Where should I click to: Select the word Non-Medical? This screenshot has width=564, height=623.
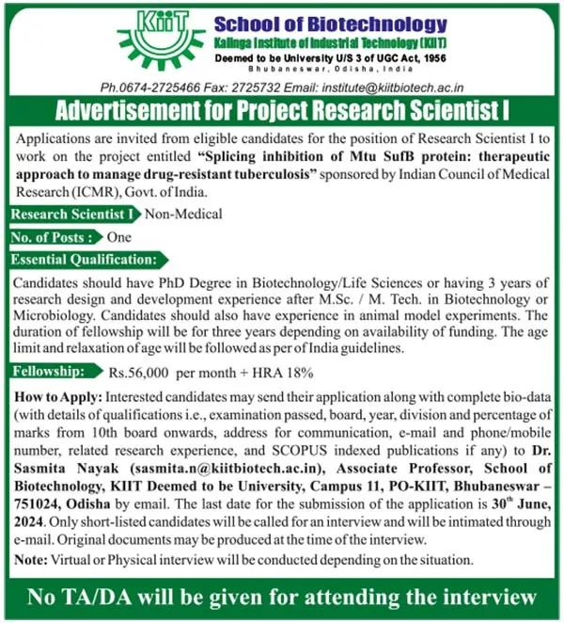(184, 214)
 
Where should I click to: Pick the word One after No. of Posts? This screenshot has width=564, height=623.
(119, 237)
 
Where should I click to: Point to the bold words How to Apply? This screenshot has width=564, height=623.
(56, 397)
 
